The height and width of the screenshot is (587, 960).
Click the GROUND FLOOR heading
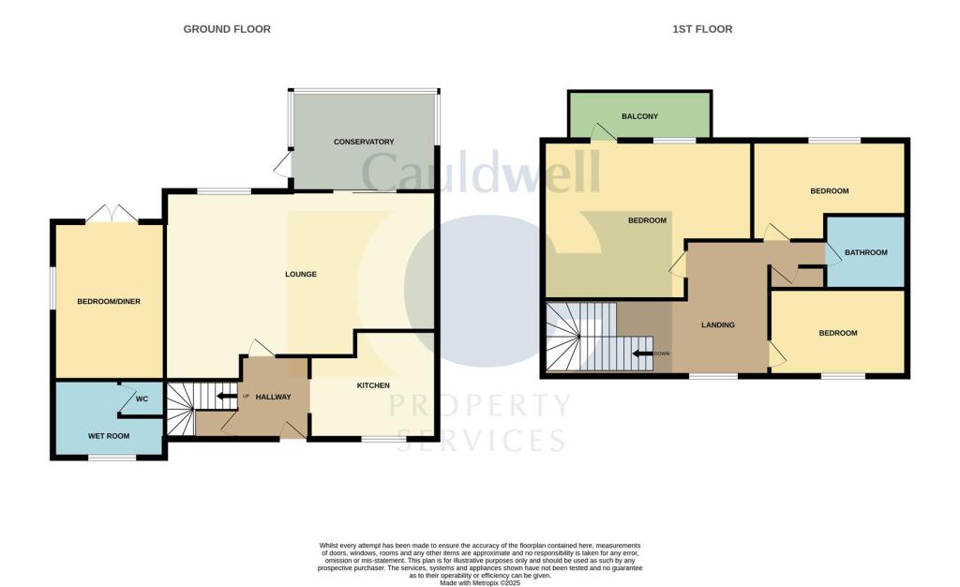227,29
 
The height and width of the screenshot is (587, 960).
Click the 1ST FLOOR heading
702,29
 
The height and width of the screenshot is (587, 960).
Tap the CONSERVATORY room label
364,142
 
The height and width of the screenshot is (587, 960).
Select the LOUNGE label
301,275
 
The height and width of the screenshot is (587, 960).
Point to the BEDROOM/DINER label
109,301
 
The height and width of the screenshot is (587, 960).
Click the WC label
142,399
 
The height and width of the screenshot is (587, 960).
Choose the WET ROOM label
109,436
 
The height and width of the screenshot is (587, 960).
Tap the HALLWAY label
274,397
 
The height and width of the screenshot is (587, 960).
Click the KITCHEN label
372,385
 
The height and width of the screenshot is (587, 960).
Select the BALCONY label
639,116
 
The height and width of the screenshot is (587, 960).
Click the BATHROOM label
865,252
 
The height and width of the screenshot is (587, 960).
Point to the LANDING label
718,325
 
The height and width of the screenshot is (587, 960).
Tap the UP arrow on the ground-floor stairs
225,396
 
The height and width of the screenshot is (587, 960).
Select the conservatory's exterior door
282,165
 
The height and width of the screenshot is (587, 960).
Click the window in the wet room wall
112,458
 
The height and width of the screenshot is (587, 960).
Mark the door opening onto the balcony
602,134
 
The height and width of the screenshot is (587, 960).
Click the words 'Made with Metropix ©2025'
480,582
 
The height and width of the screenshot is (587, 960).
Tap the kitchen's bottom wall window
378,439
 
